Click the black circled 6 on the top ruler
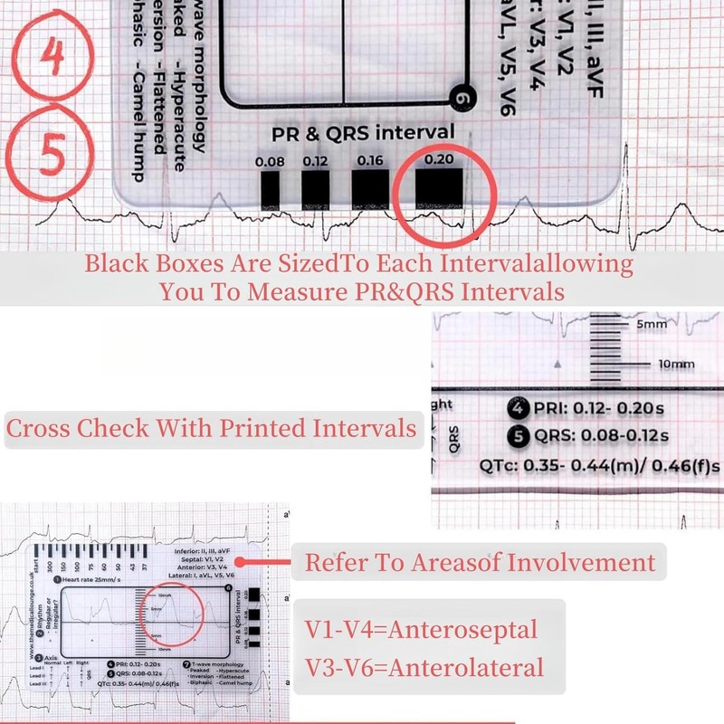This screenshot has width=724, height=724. [462, 98]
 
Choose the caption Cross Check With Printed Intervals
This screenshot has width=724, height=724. [212, 428]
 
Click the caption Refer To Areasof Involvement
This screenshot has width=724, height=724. [480, 562]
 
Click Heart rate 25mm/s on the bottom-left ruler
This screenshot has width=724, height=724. [91, 579]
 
